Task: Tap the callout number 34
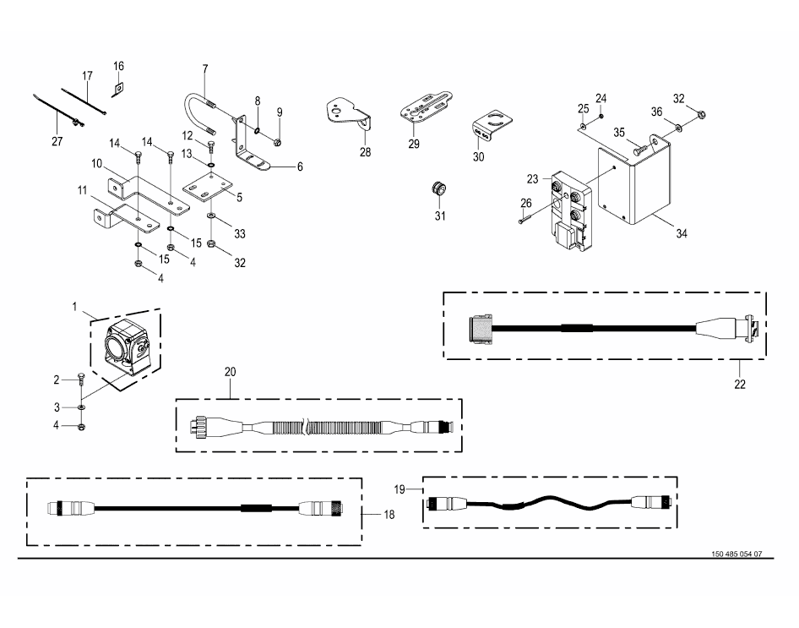[682, 232]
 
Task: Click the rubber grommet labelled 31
[438, 188]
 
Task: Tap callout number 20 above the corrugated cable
[230, 371]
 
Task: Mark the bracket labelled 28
[348, 112]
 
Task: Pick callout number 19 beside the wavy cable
[401, 489]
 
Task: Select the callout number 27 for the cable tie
[57, 141]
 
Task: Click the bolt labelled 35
[642, 149]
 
